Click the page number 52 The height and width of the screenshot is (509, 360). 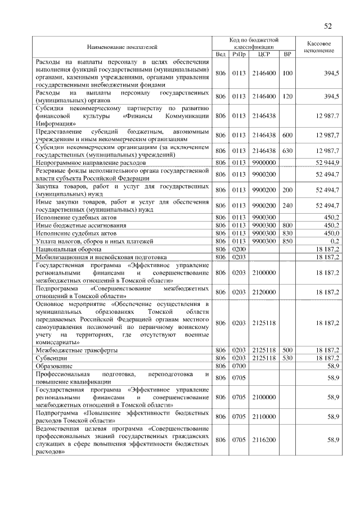point(328,25)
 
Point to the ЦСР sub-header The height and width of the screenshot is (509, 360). point(263,54)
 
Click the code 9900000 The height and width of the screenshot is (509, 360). point(263,162)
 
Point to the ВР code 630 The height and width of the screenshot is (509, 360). point(287,151)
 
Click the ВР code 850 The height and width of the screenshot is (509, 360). point(287,241)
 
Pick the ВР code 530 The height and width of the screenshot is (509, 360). point(287,358)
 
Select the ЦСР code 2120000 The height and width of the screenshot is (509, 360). point(263,292)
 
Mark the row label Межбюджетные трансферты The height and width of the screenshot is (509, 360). point(76,350)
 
